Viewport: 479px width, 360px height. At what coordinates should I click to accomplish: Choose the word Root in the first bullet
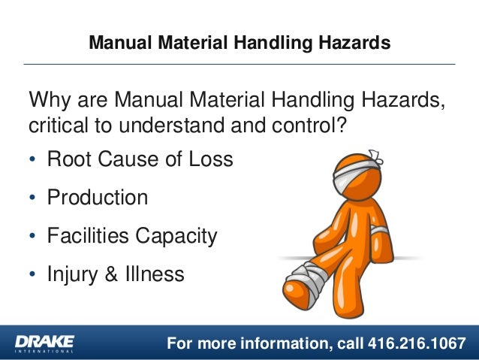point(68,160)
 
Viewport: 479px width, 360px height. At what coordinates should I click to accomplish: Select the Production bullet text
point(97,198)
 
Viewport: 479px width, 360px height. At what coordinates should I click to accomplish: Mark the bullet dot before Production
point(32,199)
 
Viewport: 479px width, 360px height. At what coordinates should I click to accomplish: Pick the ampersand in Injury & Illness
point(110,274)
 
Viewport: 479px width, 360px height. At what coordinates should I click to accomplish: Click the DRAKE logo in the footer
point(44,340)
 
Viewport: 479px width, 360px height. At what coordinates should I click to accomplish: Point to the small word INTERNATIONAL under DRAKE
point(44,351)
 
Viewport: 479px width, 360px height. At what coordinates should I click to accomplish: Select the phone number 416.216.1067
point(416,343)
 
